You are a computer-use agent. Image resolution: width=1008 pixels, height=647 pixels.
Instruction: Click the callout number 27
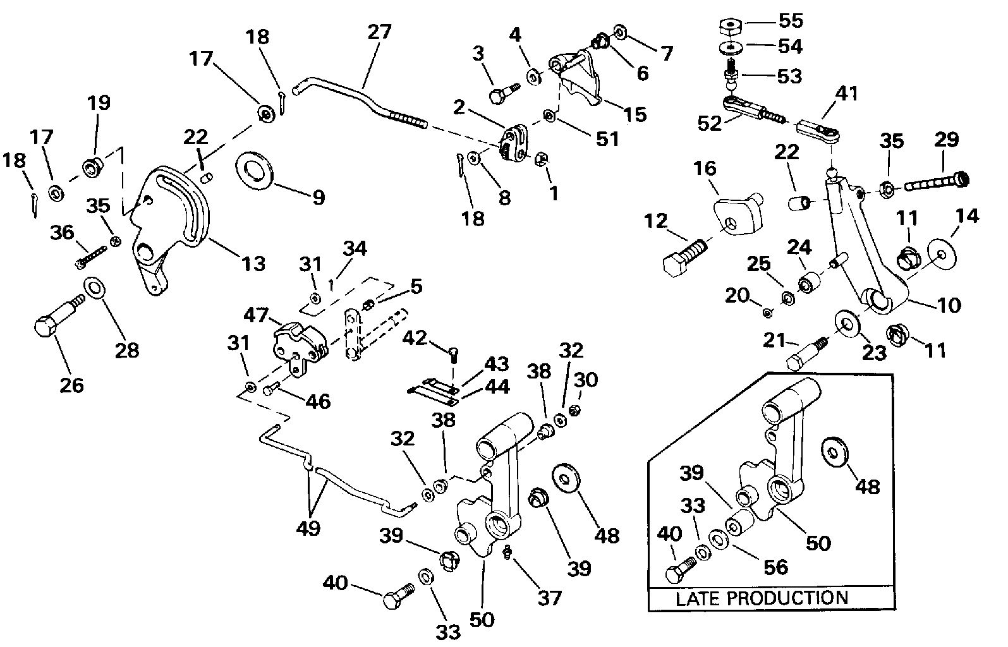pos(379,32)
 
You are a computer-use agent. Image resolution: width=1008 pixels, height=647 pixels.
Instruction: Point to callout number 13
pos(253,263)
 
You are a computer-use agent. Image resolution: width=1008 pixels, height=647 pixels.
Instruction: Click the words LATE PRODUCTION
pos(762,598)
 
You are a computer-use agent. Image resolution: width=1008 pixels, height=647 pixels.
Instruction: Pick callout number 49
pos(308,528)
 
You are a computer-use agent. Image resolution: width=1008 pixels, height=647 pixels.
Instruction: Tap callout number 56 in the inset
pos(776,567)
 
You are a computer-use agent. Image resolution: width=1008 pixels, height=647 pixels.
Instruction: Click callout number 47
pos(256,315)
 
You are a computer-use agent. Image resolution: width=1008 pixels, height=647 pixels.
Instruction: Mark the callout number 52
pos(710,123)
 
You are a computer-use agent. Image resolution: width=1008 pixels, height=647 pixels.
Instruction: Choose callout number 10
pos(949,306)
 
